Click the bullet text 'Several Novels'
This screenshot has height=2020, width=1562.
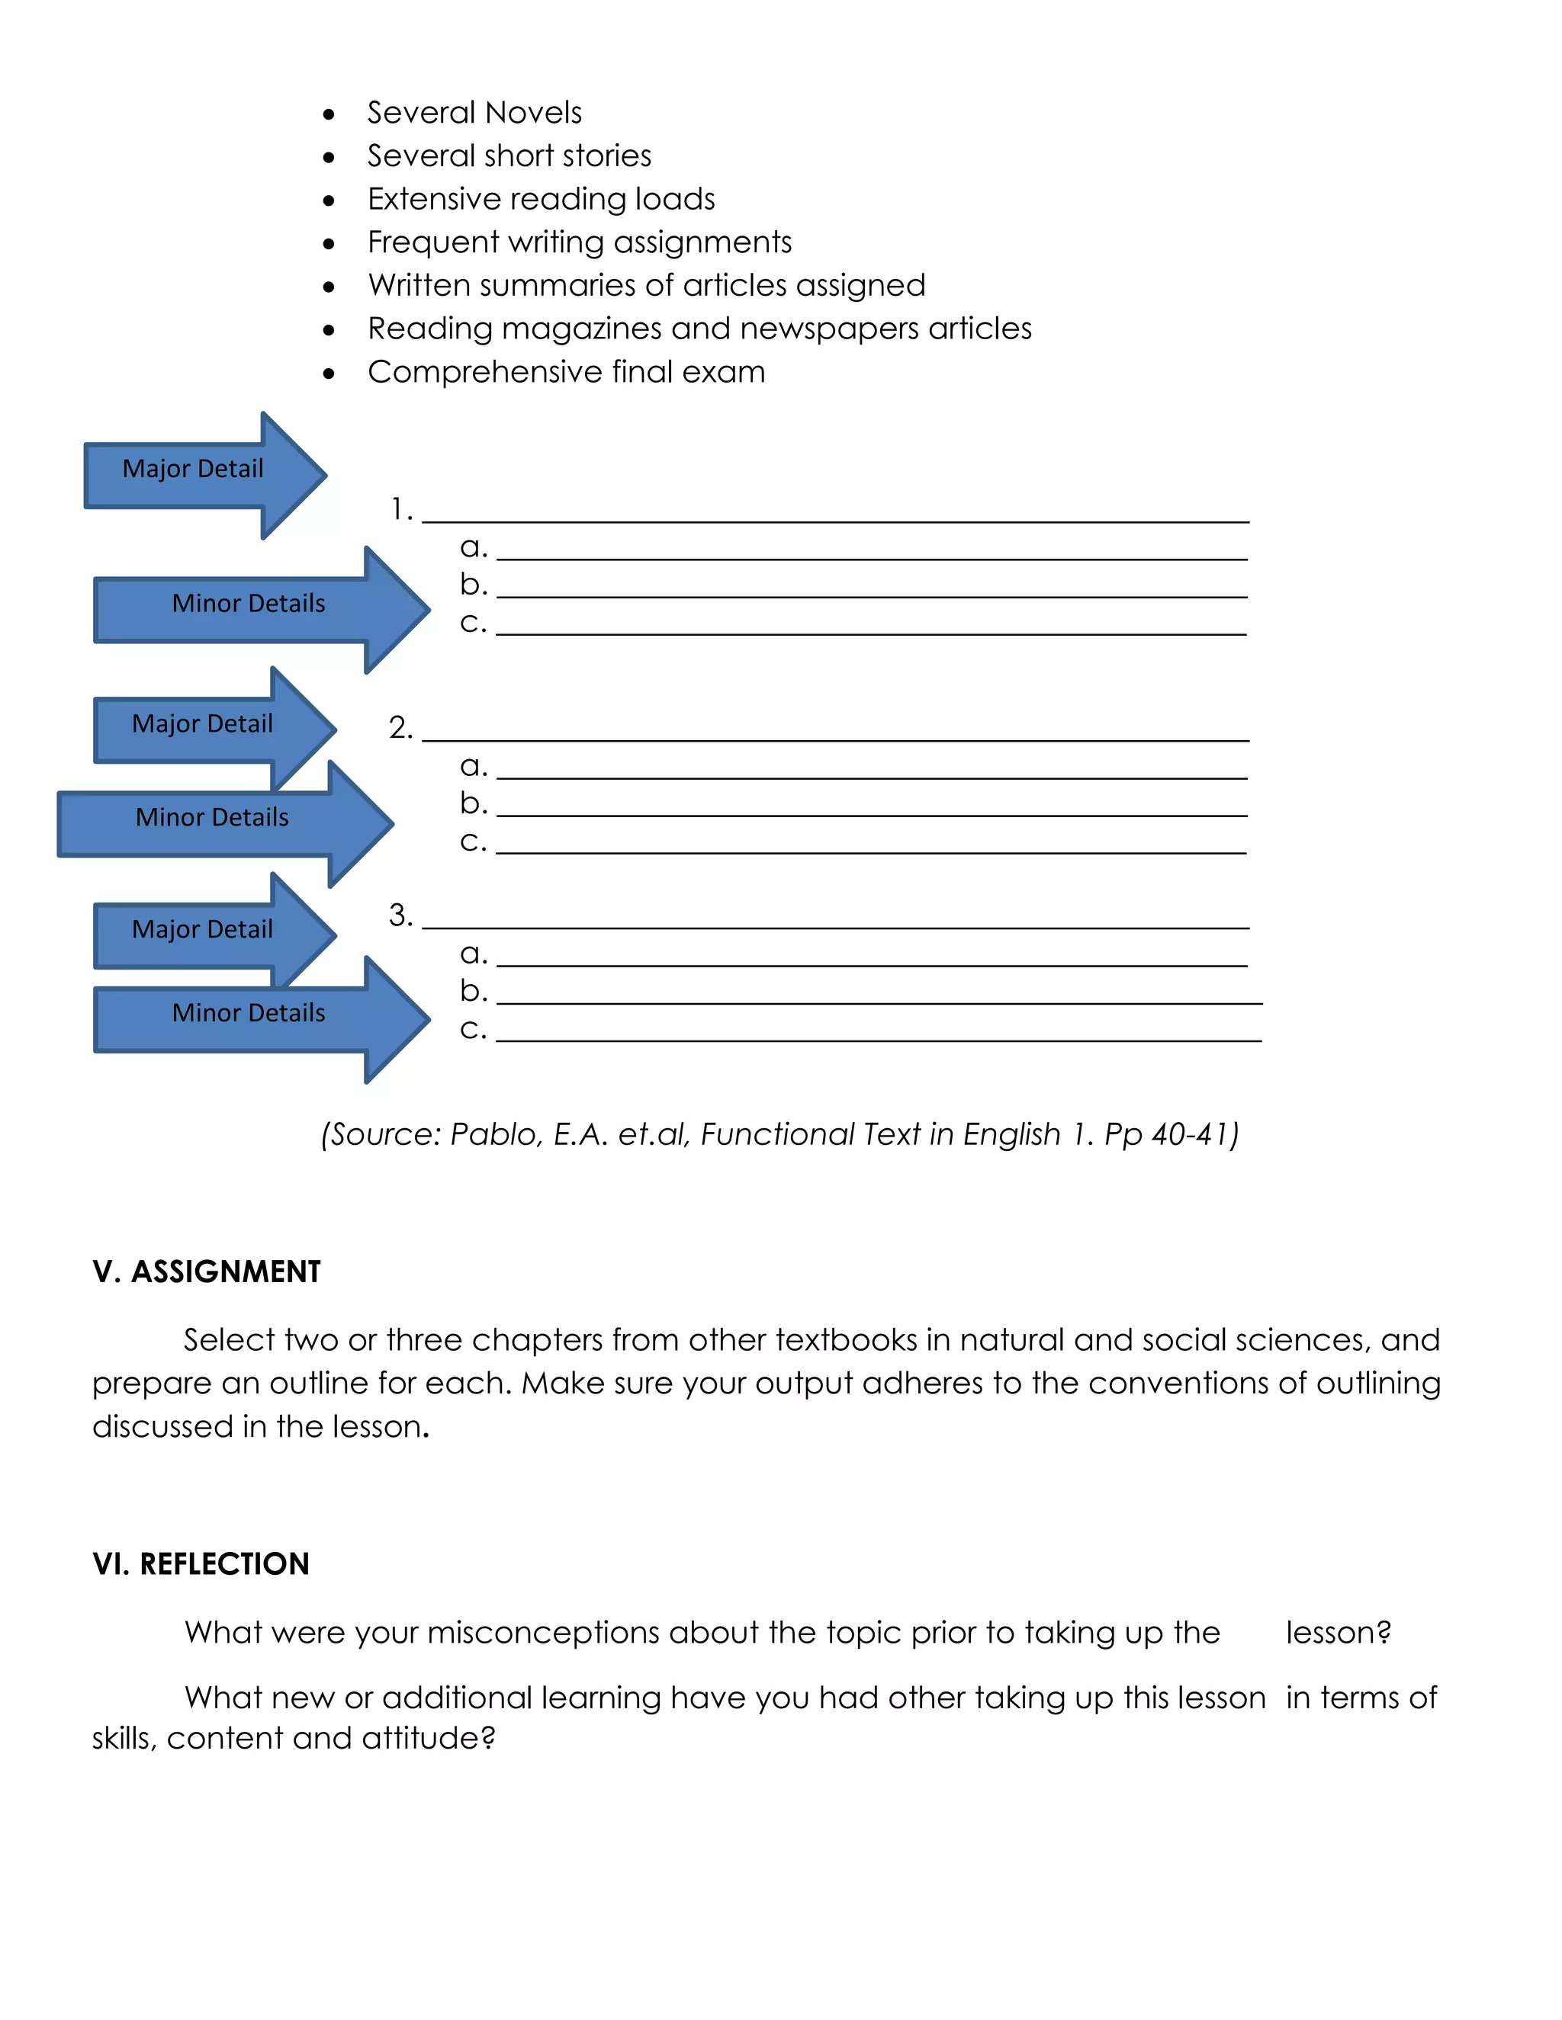click(474, 113)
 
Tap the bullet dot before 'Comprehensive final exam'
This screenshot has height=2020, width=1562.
click(329, 374)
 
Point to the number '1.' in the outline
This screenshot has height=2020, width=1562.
click(400, 510)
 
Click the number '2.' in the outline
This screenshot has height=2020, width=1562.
click(400, 728)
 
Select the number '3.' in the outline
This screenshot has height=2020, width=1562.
click(400, 915)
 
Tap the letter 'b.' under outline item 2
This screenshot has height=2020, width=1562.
click(473, 803)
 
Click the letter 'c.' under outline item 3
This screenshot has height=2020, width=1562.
click(473, 1028)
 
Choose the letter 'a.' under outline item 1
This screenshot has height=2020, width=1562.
click(473, 547)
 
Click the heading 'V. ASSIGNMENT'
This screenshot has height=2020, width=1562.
click(207, 1271)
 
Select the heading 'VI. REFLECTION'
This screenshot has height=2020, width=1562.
click(201, 1564)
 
